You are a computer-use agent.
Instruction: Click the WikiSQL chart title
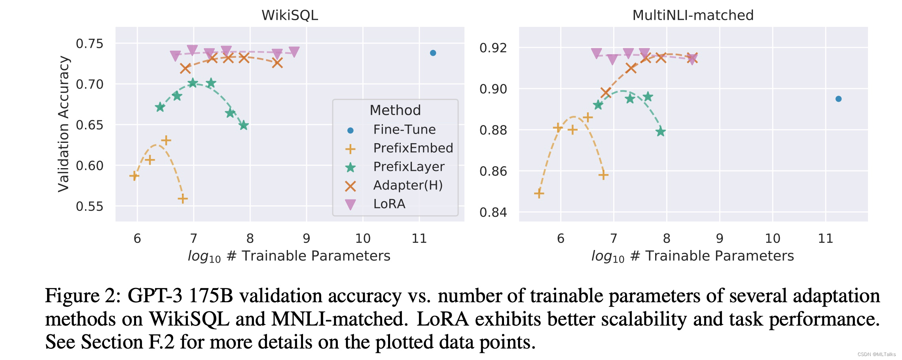pos(290,15)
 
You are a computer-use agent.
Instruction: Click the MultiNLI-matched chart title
pos(693,15)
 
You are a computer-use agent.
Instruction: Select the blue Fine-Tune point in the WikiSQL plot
pos(433,53)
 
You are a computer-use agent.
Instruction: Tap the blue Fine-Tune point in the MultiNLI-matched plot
pos(838,99)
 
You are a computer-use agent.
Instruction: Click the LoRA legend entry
pos(389,204)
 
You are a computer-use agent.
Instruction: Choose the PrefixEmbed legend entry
pos(413,148)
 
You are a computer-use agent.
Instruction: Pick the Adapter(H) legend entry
pos(407,185)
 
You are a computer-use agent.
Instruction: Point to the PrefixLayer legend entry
pos(409,167)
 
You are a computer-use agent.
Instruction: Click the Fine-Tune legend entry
pos(404,129)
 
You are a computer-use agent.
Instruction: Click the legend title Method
pos(395,110)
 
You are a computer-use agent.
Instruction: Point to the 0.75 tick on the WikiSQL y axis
pos(89,44)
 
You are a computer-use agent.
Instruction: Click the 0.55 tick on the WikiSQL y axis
pos(89,206)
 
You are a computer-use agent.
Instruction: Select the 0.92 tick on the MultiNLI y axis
pos(493,48)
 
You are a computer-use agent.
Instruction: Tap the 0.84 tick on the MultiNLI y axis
pos(493,212)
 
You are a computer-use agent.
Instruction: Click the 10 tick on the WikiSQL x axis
pos(362,238)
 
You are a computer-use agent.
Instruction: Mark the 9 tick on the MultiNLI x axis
pos(719,238)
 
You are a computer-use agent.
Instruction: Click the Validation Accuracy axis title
pos(64,124)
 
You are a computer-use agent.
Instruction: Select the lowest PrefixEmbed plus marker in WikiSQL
pos(182,199)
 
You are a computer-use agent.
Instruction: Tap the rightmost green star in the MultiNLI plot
pos(660,132)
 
